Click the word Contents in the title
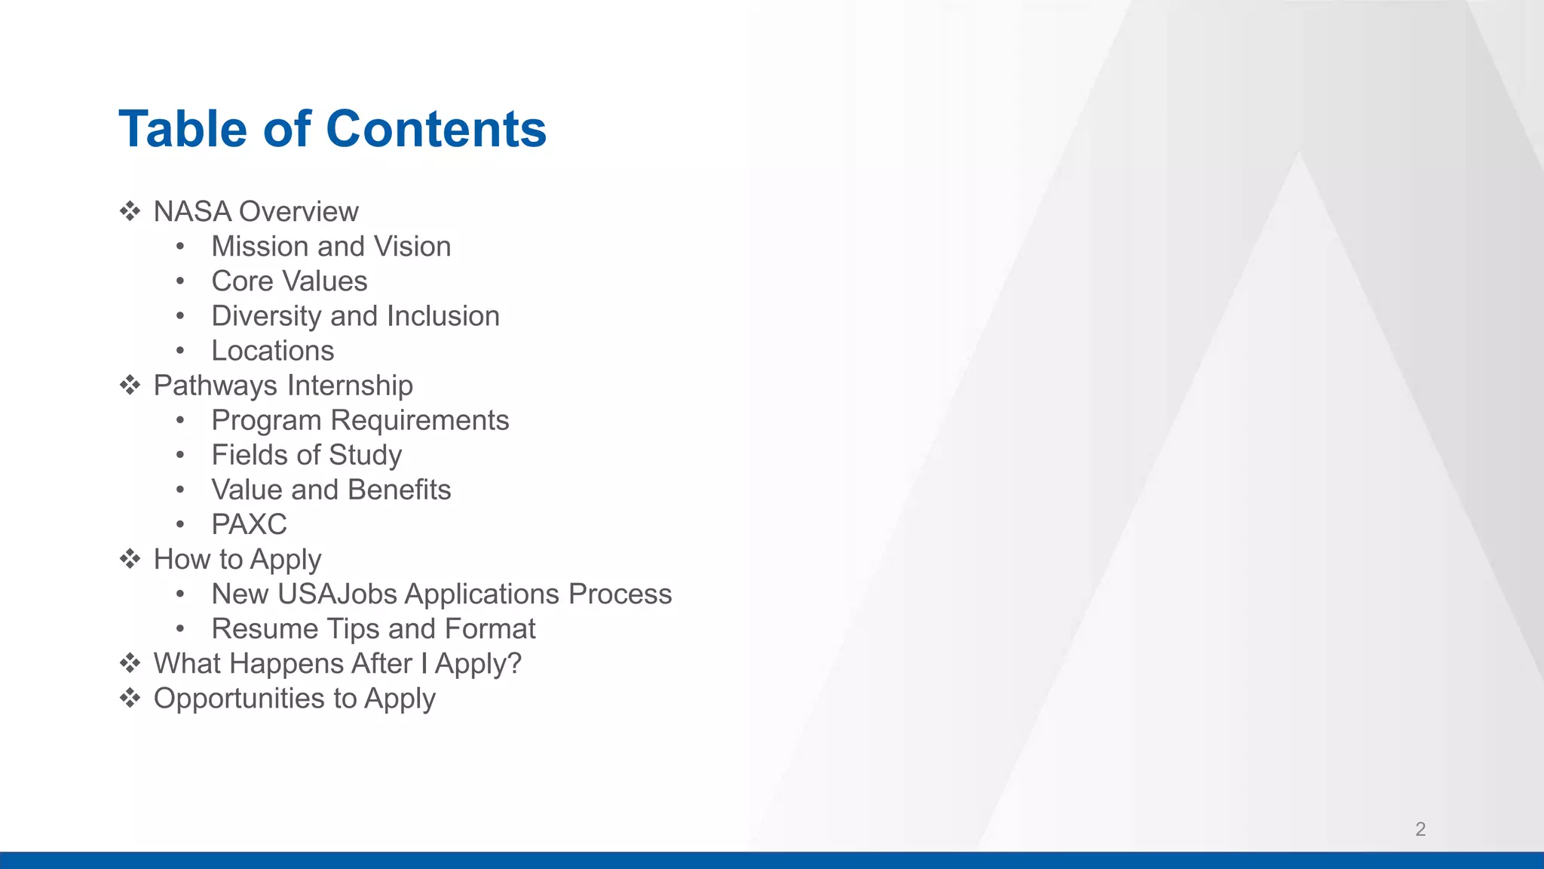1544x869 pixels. (x=436, y=129)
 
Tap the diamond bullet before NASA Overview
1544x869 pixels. (x=130, y=211)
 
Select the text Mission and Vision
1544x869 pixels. (x=330, y=247)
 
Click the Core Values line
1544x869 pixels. (x=289, y=281)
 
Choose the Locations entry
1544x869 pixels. (x=272, y=351)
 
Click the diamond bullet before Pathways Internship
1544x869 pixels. (x=130, y=385)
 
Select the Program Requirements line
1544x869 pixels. (x=360, y=420)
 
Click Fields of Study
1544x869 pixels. (x=306, y=455)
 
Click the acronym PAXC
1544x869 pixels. (x=249, y=524)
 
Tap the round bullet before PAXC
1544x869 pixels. (x=180, y=524)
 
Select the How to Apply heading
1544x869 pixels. (x=237, y=559)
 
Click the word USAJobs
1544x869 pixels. (x=337, y=594)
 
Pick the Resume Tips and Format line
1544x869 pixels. (x=373, y=628)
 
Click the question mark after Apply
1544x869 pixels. (x=513, y=663)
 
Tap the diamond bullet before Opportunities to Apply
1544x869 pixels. (x=130, y=698)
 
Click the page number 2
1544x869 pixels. (x=1420, y=829)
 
